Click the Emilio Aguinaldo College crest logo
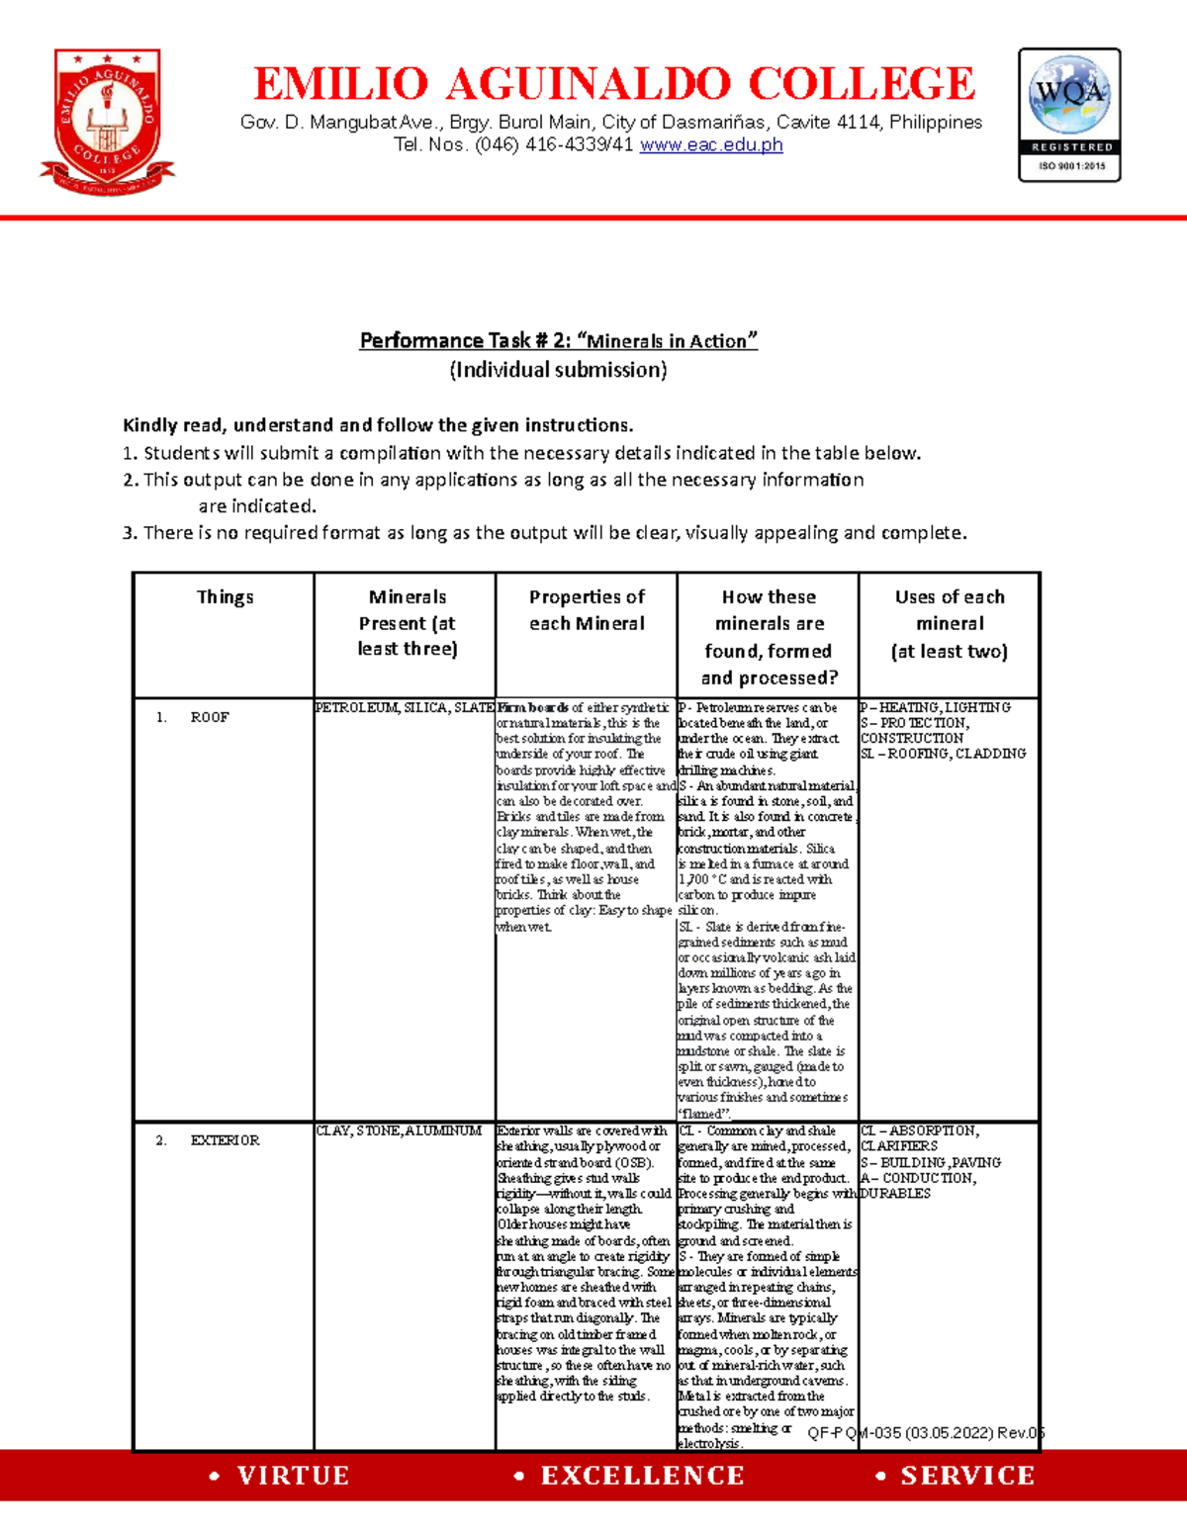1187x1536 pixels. click(x=107, y=122)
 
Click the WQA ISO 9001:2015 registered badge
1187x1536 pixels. click(x=1069, y=115)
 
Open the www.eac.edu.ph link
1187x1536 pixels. click(x=711, y=145)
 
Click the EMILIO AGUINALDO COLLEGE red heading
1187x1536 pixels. click(x=614, y=84)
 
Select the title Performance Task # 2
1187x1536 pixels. click(x=558, y=341)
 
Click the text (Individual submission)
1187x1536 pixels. click(x=558, y=370)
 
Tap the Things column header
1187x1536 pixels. click(x=225, y=597)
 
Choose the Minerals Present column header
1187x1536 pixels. click(x=407, y=623)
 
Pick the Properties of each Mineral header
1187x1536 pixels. click(x=587, y=610)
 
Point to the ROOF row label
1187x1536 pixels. click(x=209, y=717)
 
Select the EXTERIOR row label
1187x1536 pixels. click(x=225, y=1140)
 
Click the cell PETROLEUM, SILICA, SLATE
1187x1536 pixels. click(x=404, y=708)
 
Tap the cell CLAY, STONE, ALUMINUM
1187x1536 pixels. click(x=399, y=1131)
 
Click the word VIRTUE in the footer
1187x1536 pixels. click(x=293, y=1476)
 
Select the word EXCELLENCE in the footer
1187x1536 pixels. click(x=642, y=1476)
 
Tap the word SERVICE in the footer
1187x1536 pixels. click(x=966, y=1476)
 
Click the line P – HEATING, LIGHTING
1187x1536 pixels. click(x=936, y=708)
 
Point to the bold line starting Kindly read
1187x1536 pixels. click(x=377, y=425)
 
